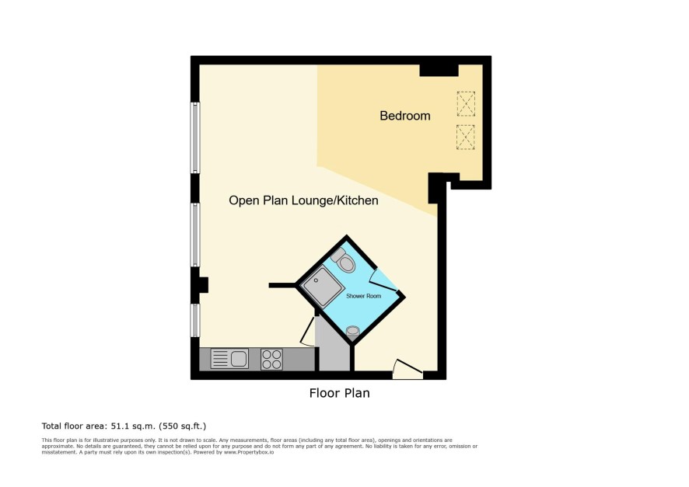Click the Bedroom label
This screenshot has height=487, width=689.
[404, 116]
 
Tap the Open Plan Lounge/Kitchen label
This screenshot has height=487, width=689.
[303, 200]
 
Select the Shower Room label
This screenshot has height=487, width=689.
[363, 296]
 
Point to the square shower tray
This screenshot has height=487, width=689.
[322, 287]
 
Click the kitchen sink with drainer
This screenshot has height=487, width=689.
[229, 358]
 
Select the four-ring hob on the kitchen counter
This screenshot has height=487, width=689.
[271, 359]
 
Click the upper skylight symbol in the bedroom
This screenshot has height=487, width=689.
[466, 103]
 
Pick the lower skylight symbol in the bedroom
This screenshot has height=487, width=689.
[466, 137]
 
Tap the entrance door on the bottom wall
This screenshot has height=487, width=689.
[407, 369]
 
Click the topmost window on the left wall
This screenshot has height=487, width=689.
[195, 137]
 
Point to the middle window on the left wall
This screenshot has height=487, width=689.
[195, 235]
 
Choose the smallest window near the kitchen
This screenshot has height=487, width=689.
[195, 320]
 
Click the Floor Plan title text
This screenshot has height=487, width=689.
[339, 393]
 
